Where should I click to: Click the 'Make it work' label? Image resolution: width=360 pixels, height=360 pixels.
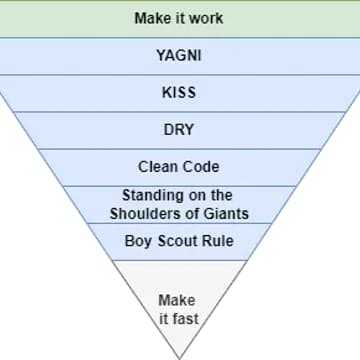[x=179, y=19]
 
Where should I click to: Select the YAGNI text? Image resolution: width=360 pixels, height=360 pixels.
[x=179, y=56]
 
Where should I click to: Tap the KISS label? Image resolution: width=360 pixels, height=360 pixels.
[x=179, y=93]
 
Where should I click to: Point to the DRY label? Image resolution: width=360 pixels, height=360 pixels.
[x=179, y=130]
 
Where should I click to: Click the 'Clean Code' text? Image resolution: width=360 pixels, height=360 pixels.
[x=179, y=166]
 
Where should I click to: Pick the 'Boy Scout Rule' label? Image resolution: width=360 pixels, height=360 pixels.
[x=179, y=240]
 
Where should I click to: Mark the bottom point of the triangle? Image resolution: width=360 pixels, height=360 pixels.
[x=179, y=356]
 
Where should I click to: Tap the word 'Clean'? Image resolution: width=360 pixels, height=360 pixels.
[x=158, y=166]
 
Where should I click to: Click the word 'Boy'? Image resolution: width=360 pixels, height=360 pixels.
[x=138, y=240]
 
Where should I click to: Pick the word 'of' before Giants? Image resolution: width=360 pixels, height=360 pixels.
[x=189, y=213]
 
